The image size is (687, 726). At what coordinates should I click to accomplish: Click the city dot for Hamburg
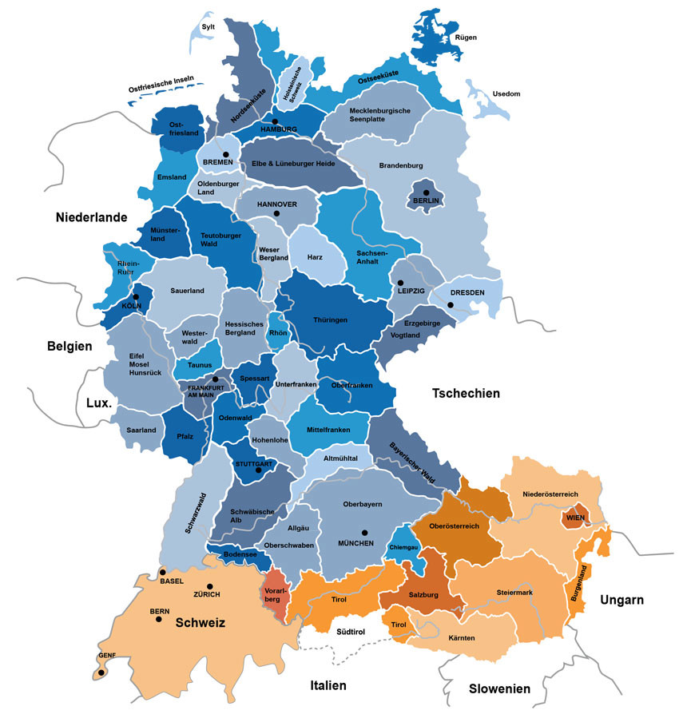click(275, 121)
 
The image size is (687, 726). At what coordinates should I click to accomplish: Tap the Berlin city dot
click(427, 192)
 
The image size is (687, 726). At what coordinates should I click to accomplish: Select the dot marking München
click(364, 533)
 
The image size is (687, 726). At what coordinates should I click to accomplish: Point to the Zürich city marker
click(210, 586)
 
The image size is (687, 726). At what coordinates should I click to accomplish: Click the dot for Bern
click(159, 619)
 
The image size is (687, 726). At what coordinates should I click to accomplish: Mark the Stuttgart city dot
click(258, 470)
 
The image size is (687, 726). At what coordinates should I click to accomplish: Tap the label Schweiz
click(201, 623)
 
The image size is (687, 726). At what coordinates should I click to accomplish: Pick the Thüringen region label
click(331, 319)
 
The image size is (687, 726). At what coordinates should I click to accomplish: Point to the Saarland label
click(141, 430)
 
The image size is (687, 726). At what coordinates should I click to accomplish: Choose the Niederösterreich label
click(550, 494)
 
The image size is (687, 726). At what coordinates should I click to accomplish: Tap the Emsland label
click(172, 177)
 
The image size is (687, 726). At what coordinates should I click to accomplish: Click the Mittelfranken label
click(329, 430)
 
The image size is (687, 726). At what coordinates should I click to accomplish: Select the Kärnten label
click(462, 638)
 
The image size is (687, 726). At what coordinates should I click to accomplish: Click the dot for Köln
click(136, 297)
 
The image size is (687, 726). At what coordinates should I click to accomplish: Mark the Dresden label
click(467, 292)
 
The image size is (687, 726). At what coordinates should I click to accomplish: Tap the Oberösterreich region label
click(454, 526)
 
